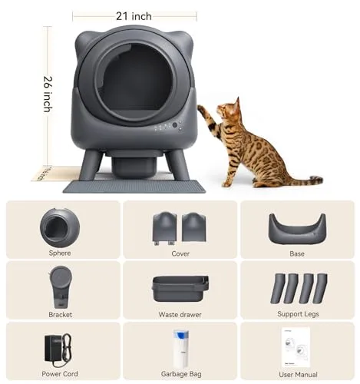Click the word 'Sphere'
(59, 253)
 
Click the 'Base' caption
(297, 253)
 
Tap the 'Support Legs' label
(297, 313)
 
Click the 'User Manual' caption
(297, 373)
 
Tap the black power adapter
(55, 346)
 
